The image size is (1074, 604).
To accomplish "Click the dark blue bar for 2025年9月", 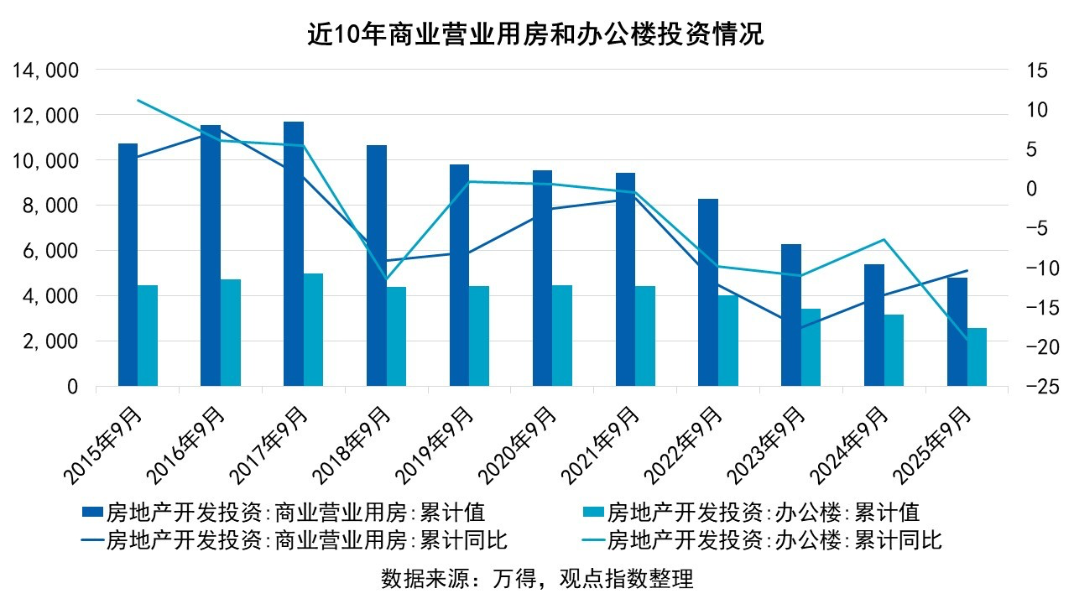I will pyautogui.click(x=957, y=331).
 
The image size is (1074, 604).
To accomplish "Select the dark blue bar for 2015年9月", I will pyautogui.click(x=128, y=265).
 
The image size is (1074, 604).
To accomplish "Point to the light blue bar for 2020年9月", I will pyautogui.click(x=562, y=336).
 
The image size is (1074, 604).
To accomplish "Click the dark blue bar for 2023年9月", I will pyautogui.click(x=791, y=315).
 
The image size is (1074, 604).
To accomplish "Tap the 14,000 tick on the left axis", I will pyautogui.click(x=47, y=70).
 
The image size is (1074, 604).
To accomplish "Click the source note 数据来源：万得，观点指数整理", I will pyautogui.click(x=538, y=579).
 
